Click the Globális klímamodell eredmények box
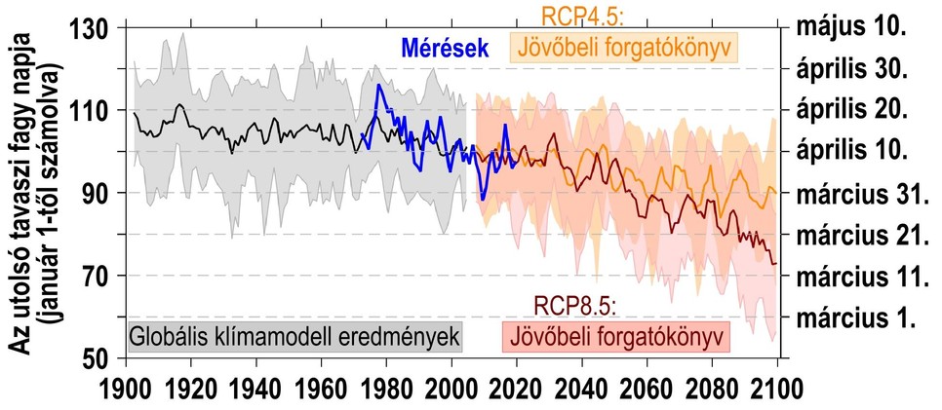[294, 337]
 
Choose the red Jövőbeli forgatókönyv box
[615, 338]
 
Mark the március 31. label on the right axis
[858, 193]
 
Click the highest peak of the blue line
[379, 85]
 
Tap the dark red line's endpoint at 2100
[776, 264]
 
